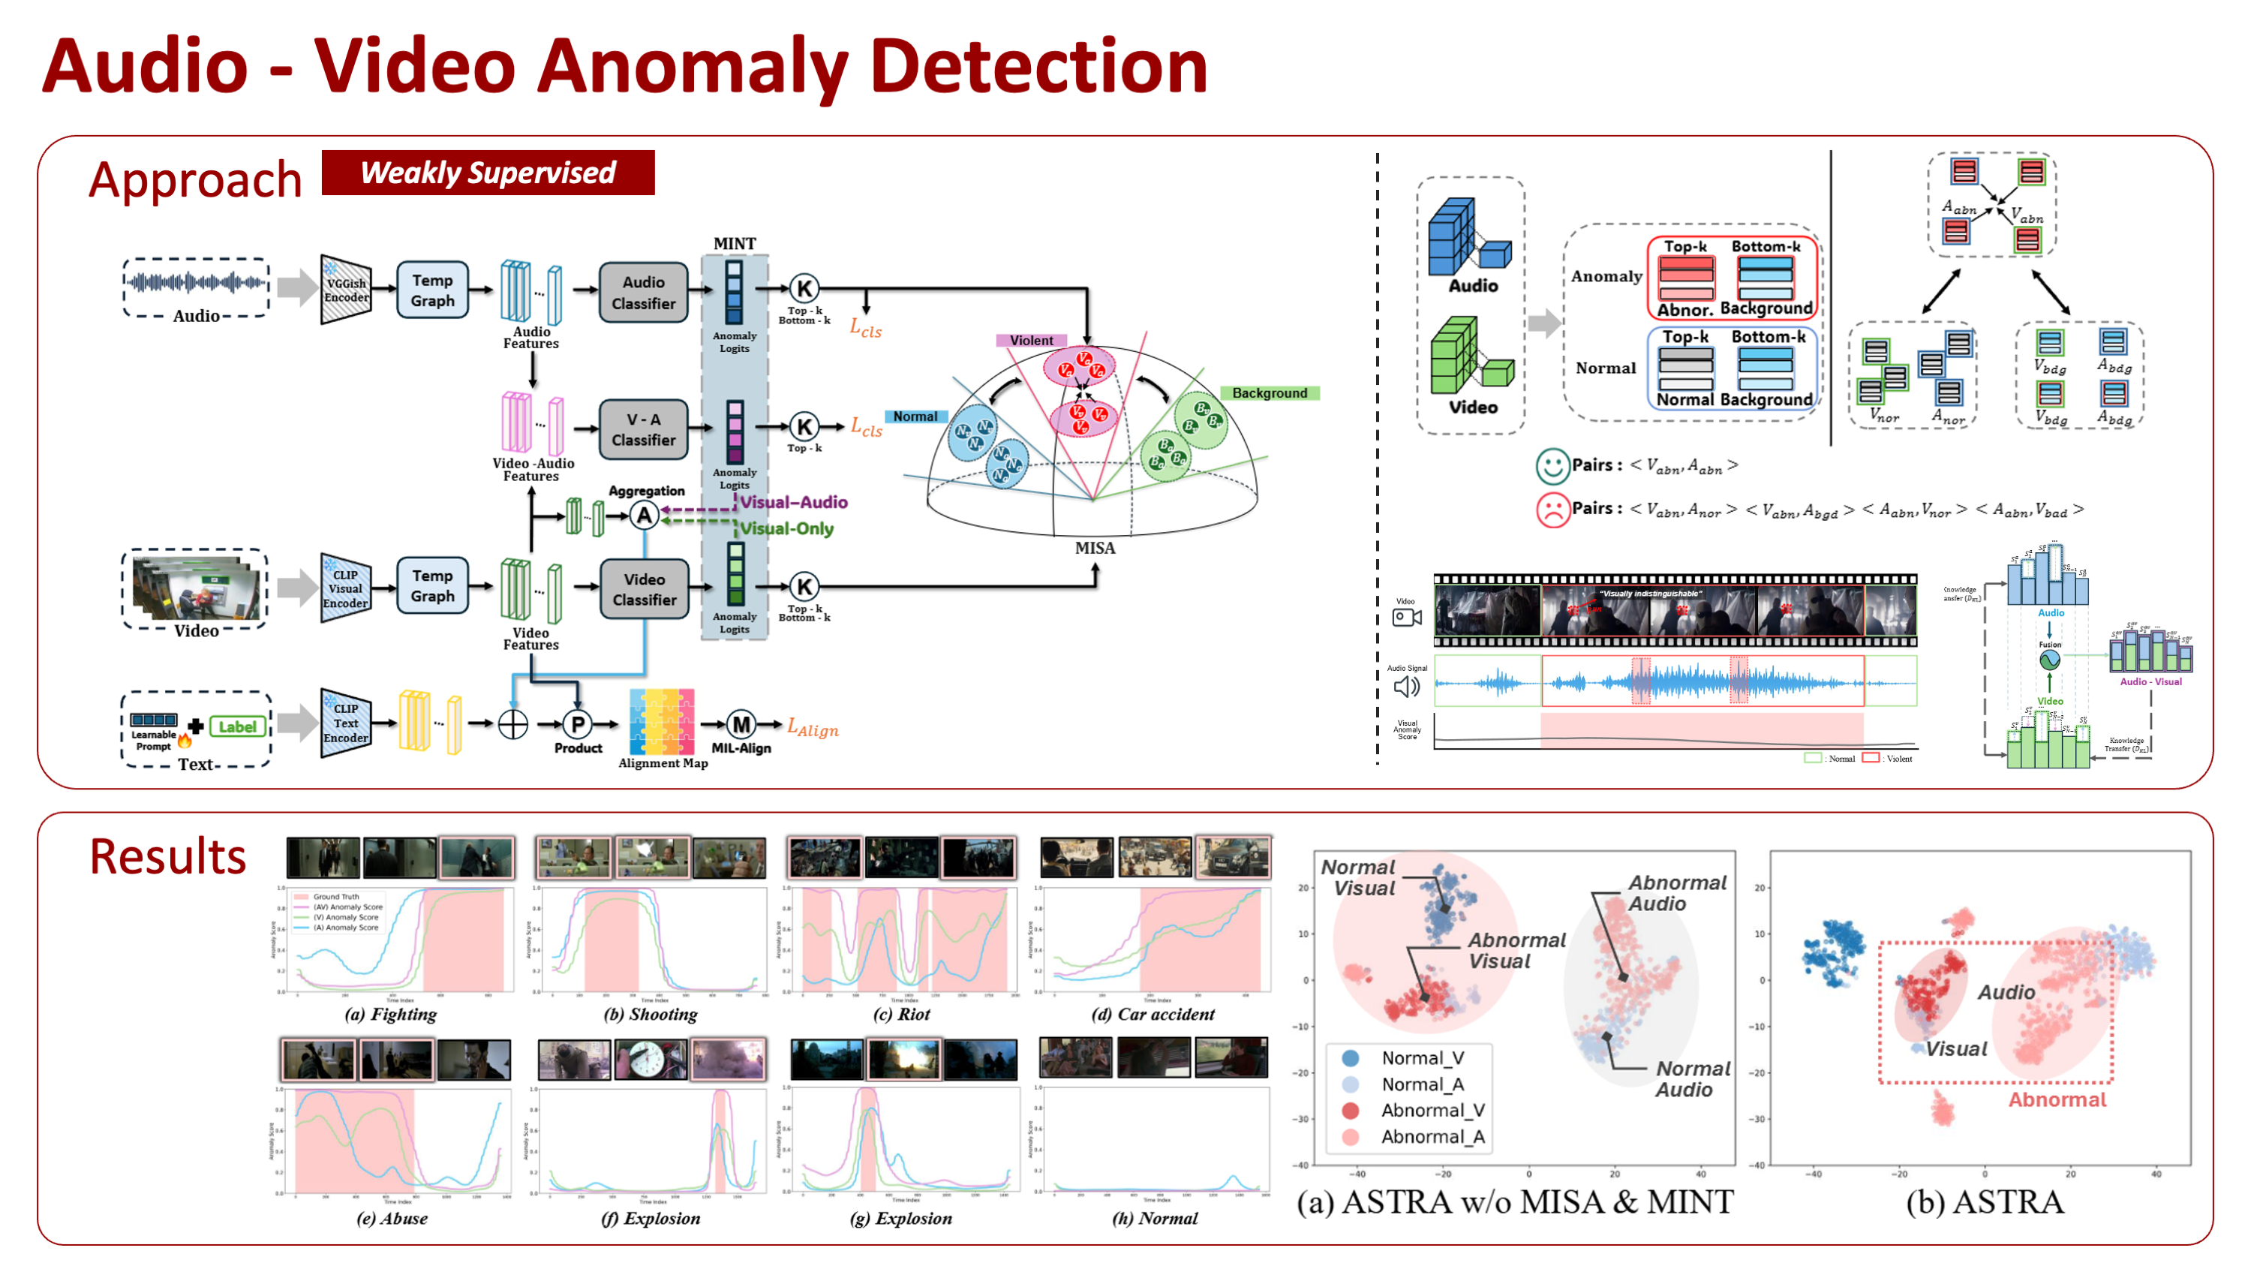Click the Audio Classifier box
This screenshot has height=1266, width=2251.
click(x=643, y=293)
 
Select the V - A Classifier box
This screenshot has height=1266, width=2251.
click(x=643, y=429)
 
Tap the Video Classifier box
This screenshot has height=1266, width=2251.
click(x=644, y=589)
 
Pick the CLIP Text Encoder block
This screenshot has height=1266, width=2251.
click(x=345, y=723)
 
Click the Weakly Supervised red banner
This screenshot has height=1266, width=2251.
click(x=488, y=173)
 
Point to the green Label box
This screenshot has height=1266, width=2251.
click(x=237, y=726)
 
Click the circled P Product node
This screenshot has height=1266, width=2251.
click(x=577, y=724)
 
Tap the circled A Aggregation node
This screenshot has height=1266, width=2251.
click(x=644, y=516)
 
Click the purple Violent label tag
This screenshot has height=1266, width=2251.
click(x=1031, y=340)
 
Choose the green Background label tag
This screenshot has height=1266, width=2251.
click(x=1269, y=393)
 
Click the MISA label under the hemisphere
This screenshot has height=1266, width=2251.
click(x=1094, y=548)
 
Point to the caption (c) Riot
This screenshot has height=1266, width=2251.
click(x=901, y=1015)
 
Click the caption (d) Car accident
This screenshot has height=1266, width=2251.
click(x=1153, y=1015)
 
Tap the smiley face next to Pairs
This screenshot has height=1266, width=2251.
click(x=1552, y=466)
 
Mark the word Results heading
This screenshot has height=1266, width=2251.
click(x=168, y=856)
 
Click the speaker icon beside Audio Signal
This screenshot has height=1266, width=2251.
click(x=1406, y=687)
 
